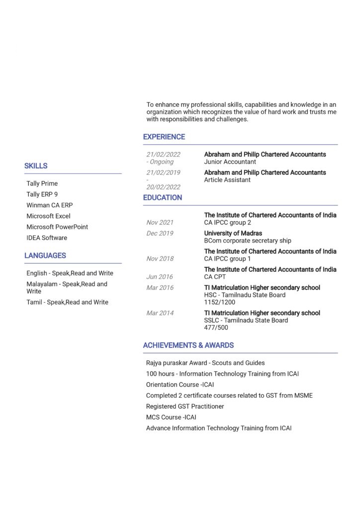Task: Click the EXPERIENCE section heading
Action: (x=164, y=137)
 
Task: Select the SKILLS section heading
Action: (x=36, y=166)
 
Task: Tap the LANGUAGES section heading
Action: (x=45, y=255)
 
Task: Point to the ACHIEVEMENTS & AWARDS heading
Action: (x=188, y=345)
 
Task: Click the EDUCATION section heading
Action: (x=163, y=197)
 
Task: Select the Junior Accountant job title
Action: (x=230, y=162)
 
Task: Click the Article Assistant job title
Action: (x=227, y=180)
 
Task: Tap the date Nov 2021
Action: (x=160, y=222)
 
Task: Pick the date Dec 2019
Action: (x=160, y=233)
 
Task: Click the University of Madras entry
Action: (x=233, y=233)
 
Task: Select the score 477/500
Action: (x=216, y=328)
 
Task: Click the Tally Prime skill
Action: (x=42, y=183)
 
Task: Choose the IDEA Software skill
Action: (x=47, y=238)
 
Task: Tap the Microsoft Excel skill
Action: (x=48, y=216)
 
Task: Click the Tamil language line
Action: (x=67, y=302)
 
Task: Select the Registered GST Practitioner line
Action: (x=185, y=406)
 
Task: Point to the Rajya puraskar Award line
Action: (x=205, y=363)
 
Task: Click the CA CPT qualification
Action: (x=215, y=276)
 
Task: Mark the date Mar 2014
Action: (x=160, y=313)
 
